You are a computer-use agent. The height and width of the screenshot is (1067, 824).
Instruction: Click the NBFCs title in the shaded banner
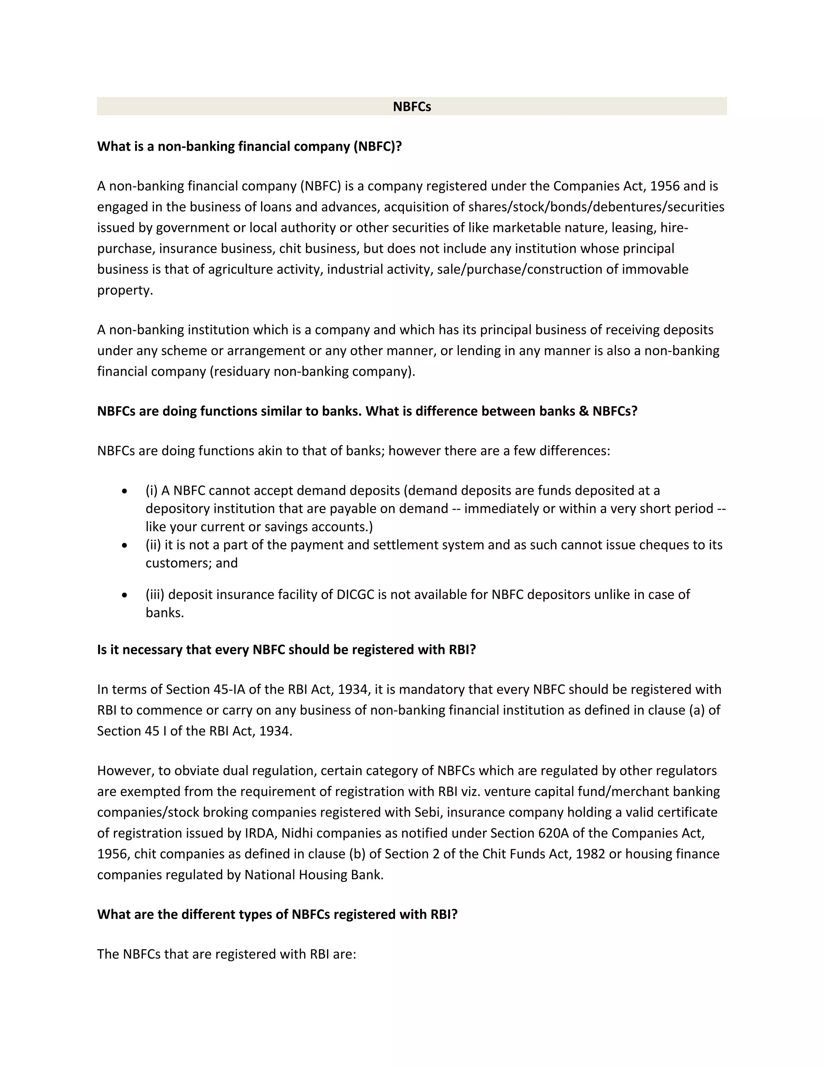[412, 107]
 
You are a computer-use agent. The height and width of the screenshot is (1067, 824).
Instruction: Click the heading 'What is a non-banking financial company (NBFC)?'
[249, 146]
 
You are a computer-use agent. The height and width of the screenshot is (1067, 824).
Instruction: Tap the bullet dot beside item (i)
[126, 490]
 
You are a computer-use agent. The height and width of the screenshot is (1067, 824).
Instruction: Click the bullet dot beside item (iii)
[126, 595]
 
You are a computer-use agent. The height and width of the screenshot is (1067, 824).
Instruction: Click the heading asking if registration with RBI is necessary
[286, 649]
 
